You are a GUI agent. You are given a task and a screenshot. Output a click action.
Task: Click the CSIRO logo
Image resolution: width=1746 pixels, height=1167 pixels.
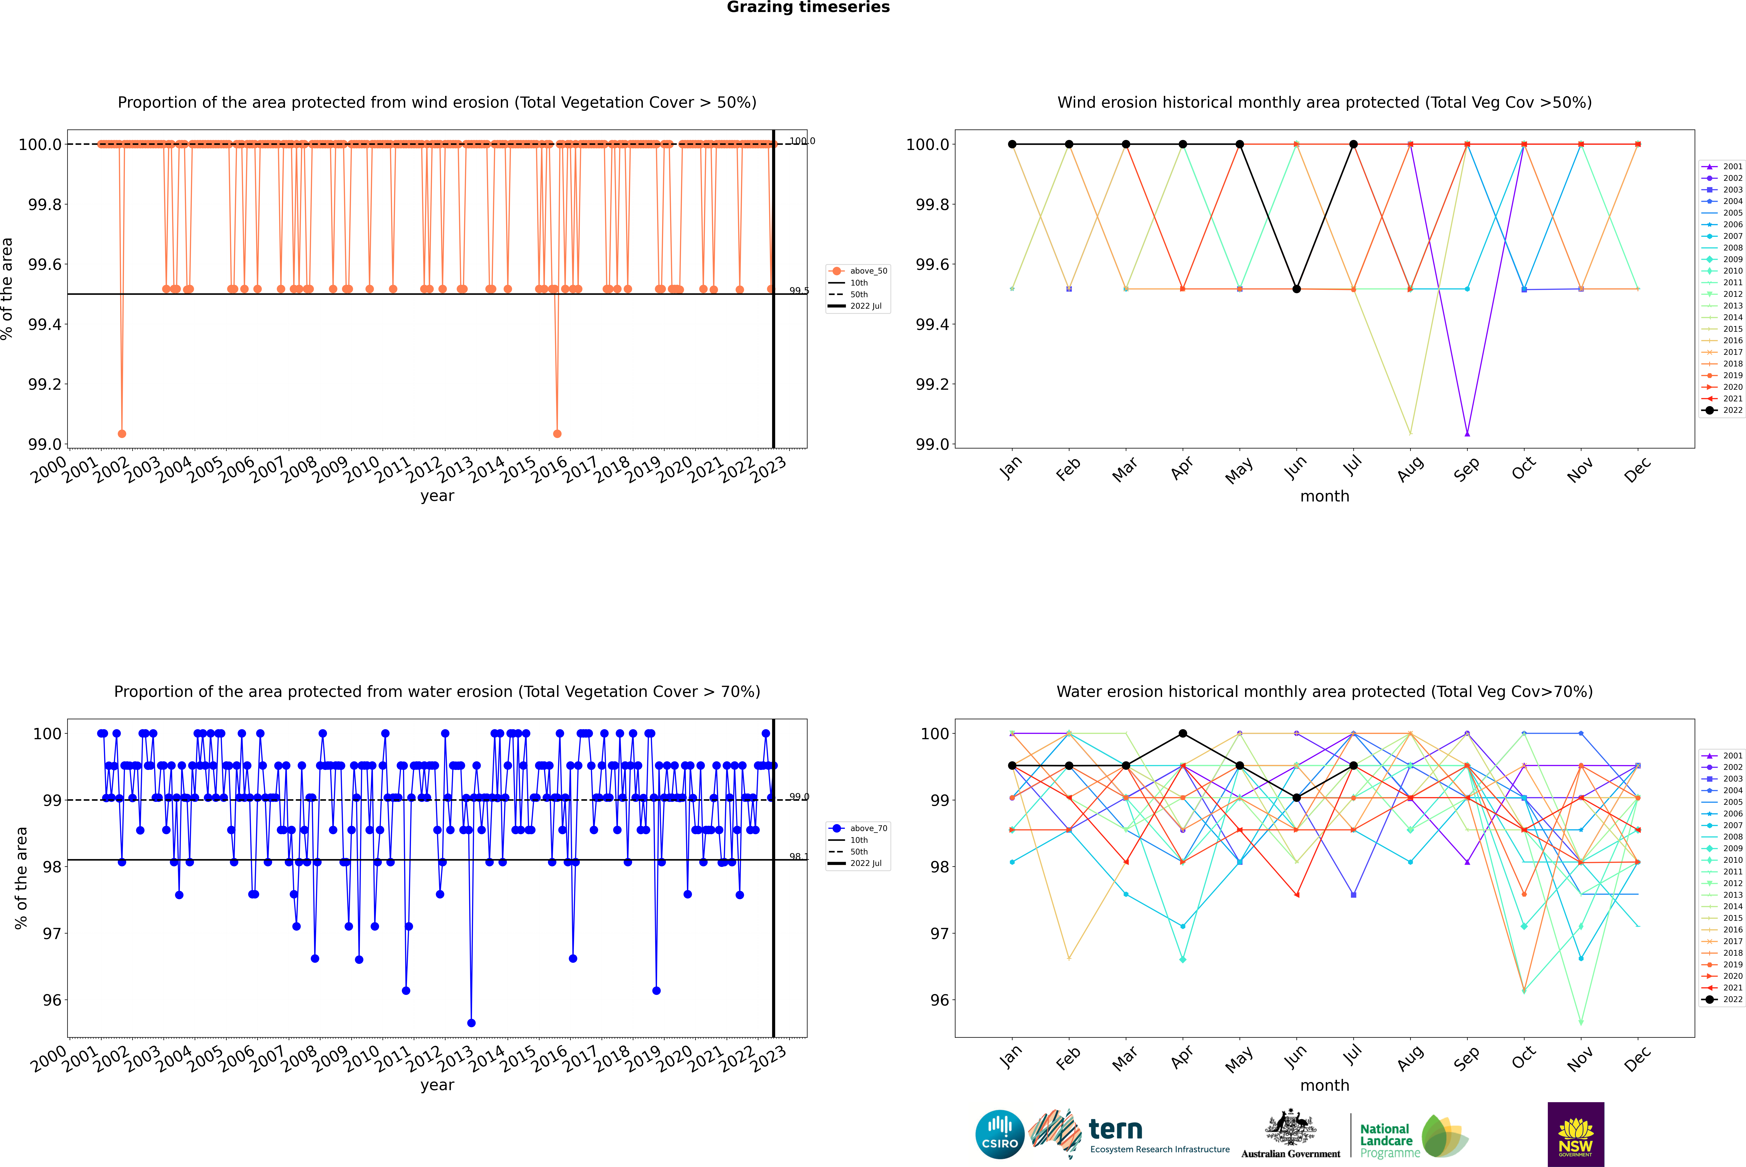1000,1134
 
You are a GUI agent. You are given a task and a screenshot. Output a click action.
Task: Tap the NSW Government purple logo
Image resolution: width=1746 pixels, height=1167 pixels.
1576,1134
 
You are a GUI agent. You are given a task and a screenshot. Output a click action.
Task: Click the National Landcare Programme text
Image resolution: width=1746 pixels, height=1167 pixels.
1386,1140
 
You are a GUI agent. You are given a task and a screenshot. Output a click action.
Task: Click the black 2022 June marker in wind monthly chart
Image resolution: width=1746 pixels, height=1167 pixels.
1296,289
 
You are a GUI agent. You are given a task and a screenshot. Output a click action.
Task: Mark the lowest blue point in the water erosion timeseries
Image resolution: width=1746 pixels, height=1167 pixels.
471,1023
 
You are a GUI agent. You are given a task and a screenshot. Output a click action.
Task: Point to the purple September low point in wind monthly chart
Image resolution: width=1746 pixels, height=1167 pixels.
1467,433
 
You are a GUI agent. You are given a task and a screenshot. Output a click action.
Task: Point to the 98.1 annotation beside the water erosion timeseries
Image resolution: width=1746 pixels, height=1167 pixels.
798,857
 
